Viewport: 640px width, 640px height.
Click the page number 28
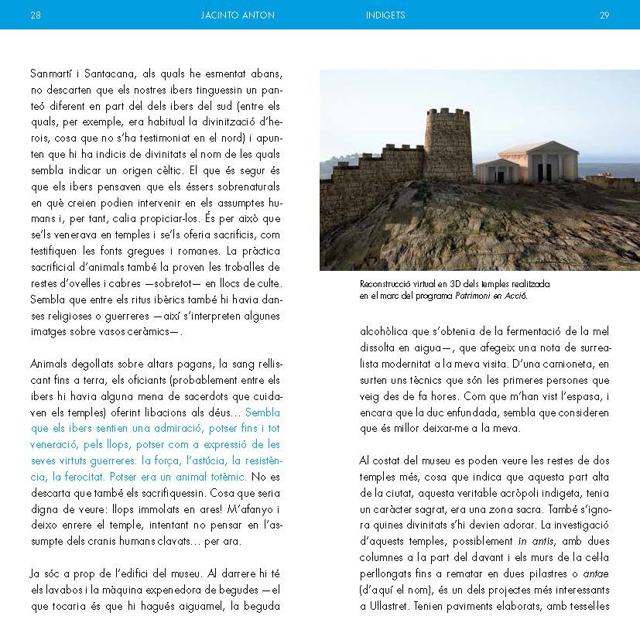[35, 15]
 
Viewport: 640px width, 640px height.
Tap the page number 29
[604, 15]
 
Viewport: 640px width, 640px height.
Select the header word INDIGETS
[385, 15]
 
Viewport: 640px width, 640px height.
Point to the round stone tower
[449, 145]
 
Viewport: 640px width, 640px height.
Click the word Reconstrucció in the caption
[388, 284]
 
